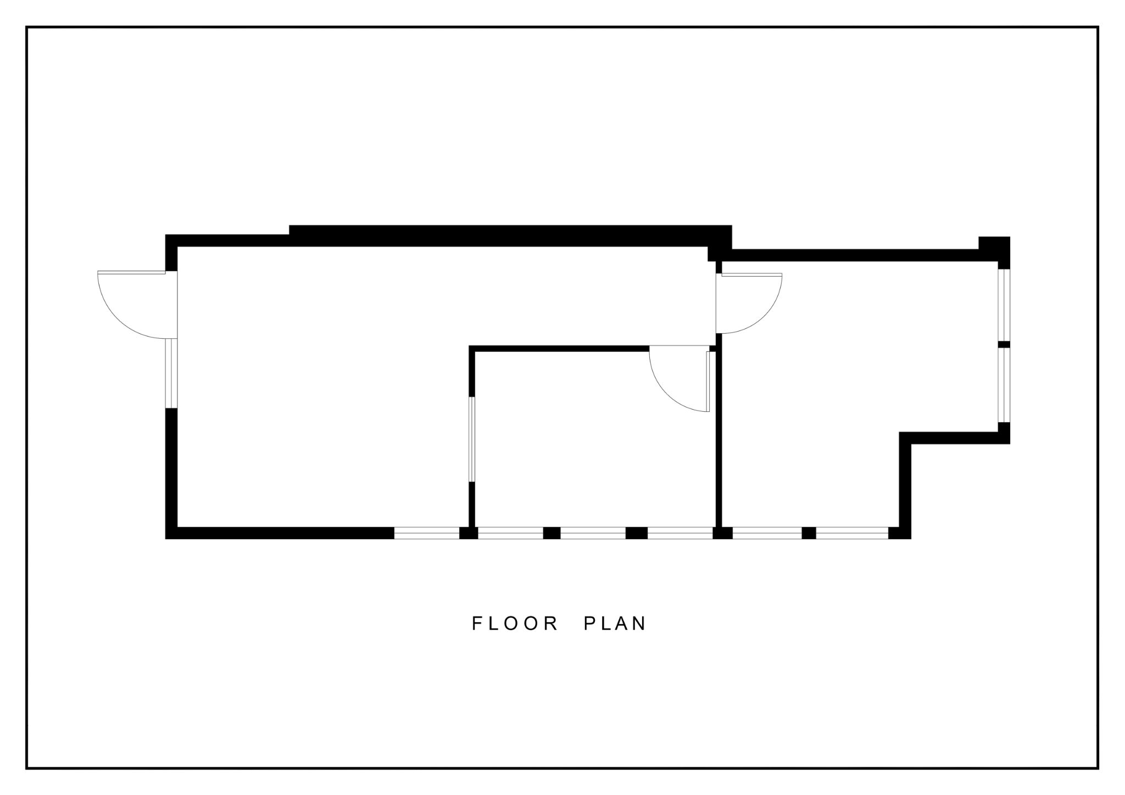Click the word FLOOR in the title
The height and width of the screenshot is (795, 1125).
tap(515, 623)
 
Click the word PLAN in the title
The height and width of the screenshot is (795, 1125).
tap(615, 623)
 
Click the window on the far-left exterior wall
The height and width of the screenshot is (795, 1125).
tap(171, 373)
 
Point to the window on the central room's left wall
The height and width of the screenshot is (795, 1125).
tap(471, 439)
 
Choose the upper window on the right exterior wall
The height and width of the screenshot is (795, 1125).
tap(1004, 305)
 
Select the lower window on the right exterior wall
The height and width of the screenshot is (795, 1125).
tap(1004, 385)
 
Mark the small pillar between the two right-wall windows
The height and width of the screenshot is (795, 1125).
tap(1004, 345)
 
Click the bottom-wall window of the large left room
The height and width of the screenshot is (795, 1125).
tap(427, 533)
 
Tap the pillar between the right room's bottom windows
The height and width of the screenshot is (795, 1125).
tap(809, 533)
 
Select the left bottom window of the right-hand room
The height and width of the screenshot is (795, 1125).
tap(767, 533)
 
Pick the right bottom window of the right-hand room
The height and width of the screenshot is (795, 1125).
tap(852, 533)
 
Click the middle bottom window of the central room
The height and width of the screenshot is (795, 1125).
tap(593, 533)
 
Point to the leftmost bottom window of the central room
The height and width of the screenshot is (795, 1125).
tap(510, 533)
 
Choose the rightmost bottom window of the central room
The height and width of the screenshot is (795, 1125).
tap(680, 533)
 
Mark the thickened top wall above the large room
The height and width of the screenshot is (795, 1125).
tap(510, 236)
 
